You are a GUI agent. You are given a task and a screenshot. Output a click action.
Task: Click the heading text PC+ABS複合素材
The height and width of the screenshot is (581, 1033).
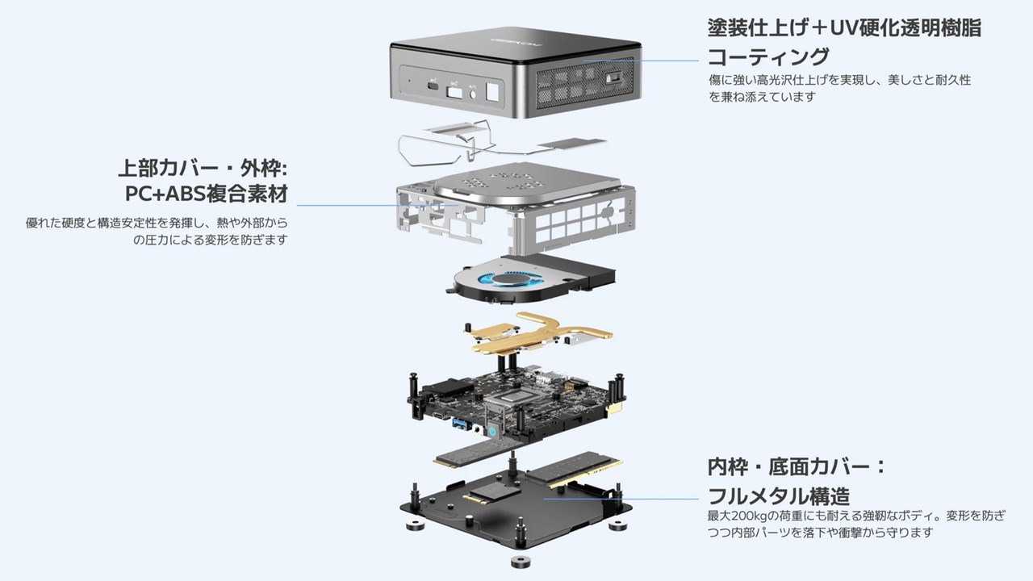(x=207, y=194)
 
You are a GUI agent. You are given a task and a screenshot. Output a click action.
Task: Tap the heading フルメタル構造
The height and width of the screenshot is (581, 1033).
(x=779, y=496)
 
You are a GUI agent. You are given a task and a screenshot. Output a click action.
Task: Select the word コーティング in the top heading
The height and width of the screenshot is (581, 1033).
(x=768, y=56)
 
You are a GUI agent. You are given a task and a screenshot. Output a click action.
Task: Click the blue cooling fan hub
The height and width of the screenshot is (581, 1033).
(x=512, y=279)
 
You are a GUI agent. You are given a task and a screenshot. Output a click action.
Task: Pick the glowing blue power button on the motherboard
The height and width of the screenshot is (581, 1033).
(x=492, y=431)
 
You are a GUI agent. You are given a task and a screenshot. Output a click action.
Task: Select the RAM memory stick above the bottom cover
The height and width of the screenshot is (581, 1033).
(x=574, y=470)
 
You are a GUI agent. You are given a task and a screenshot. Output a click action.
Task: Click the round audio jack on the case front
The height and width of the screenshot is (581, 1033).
(x=473, y=94)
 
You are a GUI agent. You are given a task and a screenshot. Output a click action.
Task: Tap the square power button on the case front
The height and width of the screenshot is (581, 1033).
(x=492, y=92)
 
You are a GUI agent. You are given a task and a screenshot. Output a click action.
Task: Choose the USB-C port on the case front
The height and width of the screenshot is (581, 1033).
(x=433, y=86)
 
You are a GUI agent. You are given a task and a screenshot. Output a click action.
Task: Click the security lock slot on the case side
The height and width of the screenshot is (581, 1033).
(x=612, y=79)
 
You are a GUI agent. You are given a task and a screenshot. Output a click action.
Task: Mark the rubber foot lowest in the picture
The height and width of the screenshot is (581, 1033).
(x=521, y=562)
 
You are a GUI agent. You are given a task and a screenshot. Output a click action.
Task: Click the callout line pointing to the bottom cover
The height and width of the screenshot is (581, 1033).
(x=621, y=499)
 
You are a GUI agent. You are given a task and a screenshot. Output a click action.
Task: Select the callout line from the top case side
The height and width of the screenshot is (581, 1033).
(x=641, y=61)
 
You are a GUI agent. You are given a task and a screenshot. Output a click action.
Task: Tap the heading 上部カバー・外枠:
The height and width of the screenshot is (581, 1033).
(x=203, y=168)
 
